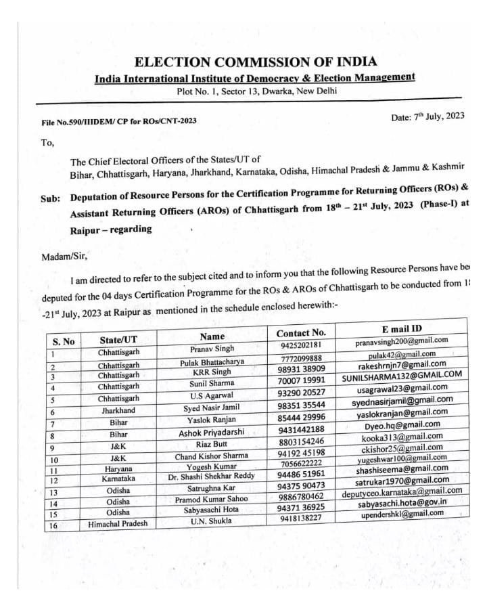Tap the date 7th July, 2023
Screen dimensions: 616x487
(427, 116)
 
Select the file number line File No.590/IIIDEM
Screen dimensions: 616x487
(119, 123)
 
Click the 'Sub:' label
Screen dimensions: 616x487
(51, 198)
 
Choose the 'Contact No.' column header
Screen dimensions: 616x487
(301, 333)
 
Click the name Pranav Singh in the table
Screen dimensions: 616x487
(212, 349)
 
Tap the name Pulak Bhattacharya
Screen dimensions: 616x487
(212, 362)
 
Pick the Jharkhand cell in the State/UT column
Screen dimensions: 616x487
(118, 411)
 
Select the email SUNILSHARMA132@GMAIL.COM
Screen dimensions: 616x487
(402, 374)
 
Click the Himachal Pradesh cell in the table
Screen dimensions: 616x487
(118, 524)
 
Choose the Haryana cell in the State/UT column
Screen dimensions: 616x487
(118, 468)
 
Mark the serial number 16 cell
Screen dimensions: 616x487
(52, 525)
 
